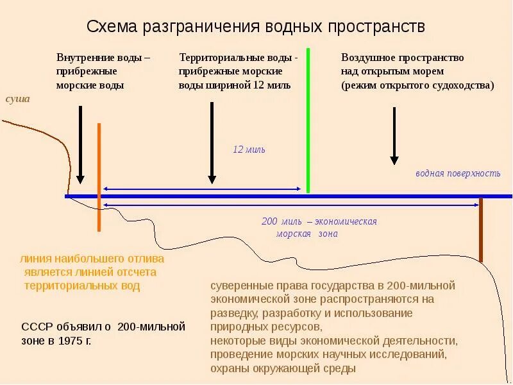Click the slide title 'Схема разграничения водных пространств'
click(256, 26)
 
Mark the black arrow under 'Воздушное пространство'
click(394, 135)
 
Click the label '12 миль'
click(249, 150)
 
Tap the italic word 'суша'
click(18, 99)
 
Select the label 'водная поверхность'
click(457, 173)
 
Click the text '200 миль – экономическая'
click(319, 221)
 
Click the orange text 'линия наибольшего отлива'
click(92, 259)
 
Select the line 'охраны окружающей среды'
click(282, 368)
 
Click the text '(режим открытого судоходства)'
click(417, 85)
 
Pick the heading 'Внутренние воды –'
click(103, 57)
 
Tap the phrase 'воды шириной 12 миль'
click(235, 85)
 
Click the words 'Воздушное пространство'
click(402, 57)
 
